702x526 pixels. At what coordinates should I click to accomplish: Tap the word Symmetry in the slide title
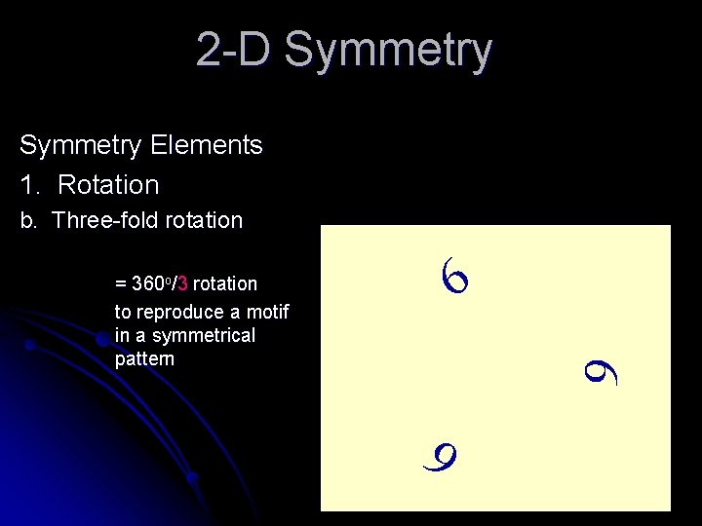click(388, 52)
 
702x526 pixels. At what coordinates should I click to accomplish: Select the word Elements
click(207, 145)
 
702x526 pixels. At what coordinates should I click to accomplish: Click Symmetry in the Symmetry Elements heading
click(80, 146)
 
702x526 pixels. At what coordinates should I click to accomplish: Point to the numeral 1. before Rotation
click(29, 185)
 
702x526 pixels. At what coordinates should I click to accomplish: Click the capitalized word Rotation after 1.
click(108, 185)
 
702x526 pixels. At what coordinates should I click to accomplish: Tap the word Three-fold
click(105, 220)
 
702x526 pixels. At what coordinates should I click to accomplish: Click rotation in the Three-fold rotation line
click(204, 220)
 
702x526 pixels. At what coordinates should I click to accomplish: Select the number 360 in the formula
click(147, 284)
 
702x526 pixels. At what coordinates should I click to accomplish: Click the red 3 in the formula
click(183, 284)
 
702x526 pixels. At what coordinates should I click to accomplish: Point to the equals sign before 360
click(121, 284)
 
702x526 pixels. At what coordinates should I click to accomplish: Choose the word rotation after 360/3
click(225, 284)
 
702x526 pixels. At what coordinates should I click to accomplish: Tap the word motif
click(268, 312)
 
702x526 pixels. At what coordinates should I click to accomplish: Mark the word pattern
click(144, 358)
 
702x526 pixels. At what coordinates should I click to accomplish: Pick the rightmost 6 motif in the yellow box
click(601, 371)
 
